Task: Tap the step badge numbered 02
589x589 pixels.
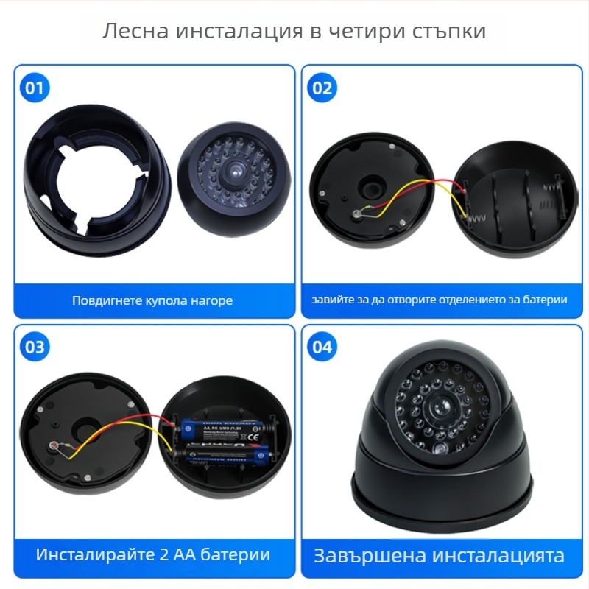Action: (322, 88)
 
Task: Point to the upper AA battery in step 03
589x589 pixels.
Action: (221, 430)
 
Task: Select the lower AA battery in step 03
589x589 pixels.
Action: (221, 458)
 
